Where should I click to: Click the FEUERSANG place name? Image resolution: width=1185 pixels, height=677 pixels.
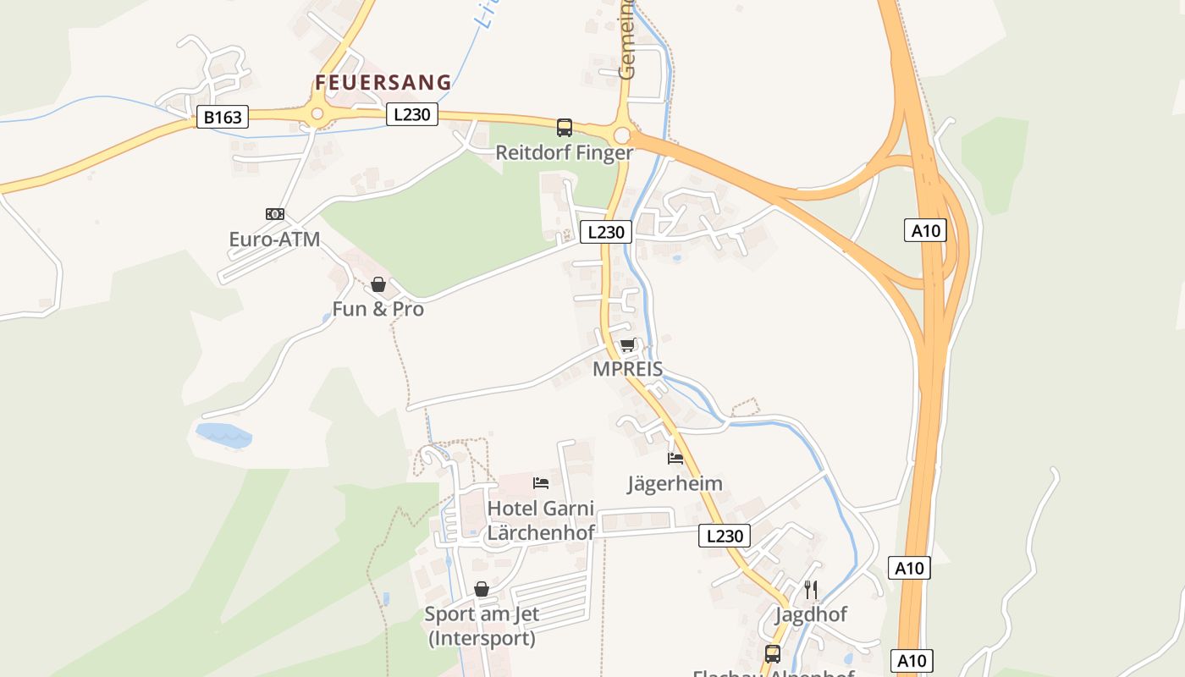pos(383,82)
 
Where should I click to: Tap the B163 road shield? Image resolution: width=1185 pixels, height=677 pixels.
pos(223,117)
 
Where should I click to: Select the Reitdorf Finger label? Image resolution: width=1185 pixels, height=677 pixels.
pos(564,153)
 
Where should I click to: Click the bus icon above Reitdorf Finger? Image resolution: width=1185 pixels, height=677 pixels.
pos(564,128)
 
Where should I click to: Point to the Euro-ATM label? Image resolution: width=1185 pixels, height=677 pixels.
pos(274,239)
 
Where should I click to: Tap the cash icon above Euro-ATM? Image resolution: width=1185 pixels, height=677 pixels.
pos(275,214)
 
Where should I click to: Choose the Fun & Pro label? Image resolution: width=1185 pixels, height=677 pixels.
pos(378,309)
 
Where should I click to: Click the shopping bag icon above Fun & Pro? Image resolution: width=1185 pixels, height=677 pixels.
pos(378,284)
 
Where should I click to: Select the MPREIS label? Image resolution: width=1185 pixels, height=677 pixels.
pos(627,369)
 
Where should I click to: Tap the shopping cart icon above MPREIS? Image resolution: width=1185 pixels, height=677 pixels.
pos(627,344)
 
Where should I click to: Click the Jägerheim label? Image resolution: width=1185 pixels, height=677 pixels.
pos(675,484)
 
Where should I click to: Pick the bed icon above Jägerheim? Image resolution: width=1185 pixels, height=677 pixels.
pos(675,459)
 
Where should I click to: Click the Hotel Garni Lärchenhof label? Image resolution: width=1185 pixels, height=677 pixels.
pos(541,520)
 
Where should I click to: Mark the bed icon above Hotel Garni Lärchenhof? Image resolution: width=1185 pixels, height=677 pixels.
pos(541,483)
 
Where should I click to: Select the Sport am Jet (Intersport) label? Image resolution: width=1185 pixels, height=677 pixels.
pos(482,625)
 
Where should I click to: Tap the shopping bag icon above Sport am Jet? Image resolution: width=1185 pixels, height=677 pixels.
pos(482,589)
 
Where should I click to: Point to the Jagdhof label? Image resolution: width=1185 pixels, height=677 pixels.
pos(811,614)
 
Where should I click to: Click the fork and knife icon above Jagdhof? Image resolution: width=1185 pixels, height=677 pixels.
pos(811,589)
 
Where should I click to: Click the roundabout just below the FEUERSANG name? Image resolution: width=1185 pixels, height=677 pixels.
pos(317,114)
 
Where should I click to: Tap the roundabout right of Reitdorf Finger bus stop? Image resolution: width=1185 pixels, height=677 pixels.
pos(622,135)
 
